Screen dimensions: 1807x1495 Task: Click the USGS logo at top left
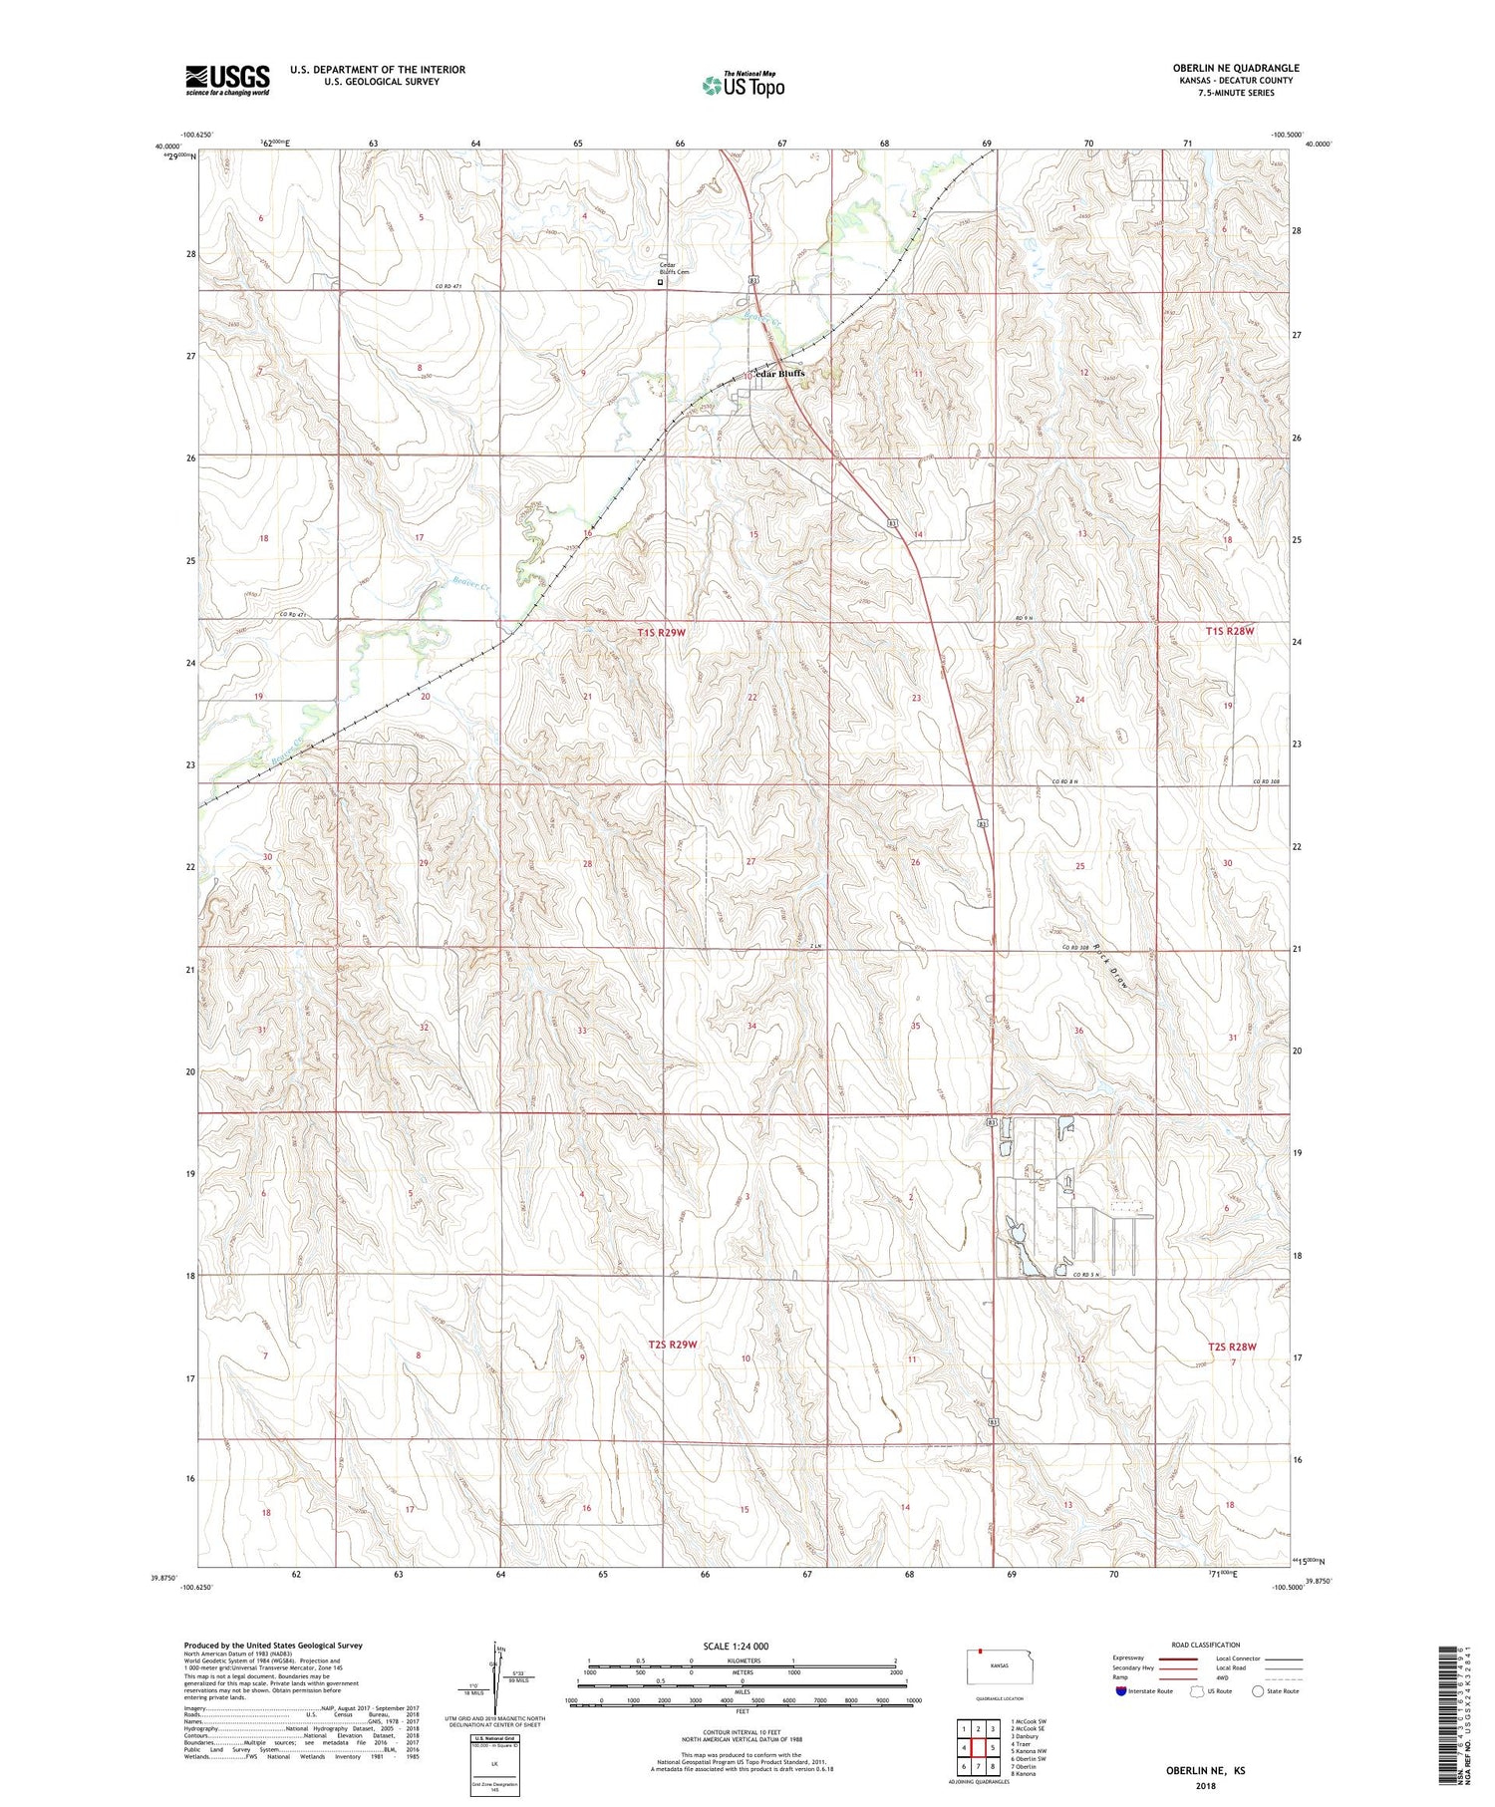coord(227,80)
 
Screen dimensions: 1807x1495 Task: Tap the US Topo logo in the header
coord(743,86)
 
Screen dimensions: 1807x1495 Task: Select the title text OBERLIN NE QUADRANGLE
coord(1235,68)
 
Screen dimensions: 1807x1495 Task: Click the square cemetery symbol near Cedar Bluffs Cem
coord(660,282)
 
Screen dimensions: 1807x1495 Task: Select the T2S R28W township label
coord(1232,1347)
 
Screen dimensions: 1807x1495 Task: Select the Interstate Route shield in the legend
coord(1120,1690)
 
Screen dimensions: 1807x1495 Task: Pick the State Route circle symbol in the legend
coord(1259,1690)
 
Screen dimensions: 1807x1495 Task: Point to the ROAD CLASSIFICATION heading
coord(1206,1645)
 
